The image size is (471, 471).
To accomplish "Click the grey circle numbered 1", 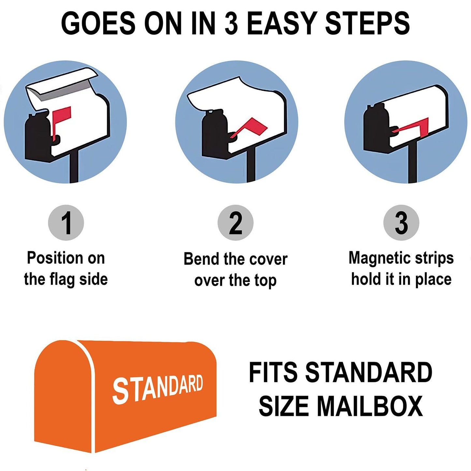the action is point(66,223).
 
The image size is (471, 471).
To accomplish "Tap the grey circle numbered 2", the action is point(235,223).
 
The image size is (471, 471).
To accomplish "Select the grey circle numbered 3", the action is point(401,223).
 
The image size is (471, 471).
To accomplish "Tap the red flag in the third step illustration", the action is point(413,126).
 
